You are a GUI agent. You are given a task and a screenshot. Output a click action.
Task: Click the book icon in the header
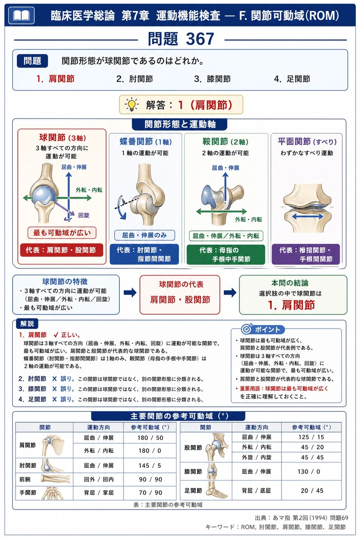coord(21,16)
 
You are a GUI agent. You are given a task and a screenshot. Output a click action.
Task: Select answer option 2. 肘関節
coord(135,79)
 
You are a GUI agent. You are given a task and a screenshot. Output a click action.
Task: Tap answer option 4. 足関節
coord(292,79)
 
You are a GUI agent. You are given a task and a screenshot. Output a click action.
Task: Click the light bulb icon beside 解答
coord(132,105)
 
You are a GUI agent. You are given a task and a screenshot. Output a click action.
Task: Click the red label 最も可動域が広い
coord(62,232)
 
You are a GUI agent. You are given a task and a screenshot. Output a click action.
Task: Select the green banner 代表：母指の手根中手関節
coord(226,254)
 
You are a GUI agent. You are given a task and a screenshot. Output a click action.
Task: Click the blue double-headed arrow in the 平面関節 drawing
coord(307,216)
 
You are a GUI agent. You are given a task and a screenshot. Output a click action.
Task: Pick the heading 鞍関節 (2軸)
coord(225,142)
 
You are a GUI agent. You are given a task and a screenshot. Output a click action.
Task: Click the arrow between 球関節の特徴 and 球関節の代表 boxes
coord(130,293)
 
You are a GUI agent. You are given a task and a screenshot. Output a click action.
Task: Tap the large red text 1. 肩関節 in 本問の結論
coord(291,305)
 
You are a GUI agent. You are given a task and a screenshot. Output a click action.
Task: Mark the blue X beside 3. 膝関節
coord(54,389)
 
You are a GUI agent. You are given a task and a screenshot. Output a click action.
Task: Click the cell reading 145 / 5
coord(150,465)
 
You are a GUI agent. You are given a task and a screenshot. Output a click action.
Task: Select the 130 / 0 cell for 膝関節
coord(309,472)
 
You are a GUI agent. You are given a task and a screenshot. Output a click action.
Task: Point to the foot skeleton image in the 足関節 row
coord(217,490)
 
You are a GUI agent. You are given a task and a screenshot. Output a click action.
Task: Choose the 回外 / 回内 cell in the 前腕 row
coord(98,479)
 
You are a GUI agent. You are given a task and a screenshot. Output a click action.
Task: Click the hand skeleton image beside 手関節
coord(53,493)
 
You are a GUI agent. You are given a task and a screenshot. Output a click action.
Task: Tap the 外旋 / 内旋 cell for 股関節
coord(257,457)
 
